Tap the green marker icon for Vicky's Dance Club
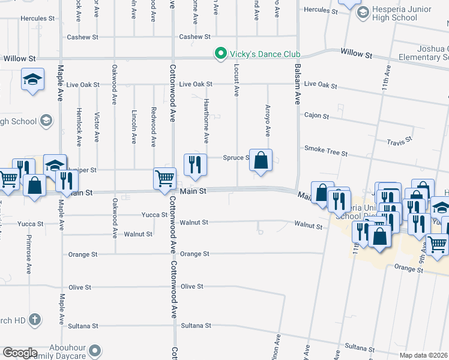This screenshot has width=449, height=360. coord(220,53)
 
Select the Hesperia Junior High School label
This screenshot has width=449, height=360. coord(395,13)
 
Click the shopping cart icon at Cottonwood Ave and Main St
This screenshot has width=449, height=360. coord(164,179)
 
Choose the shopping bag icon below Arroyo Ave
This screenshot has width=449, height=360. coord(261,161)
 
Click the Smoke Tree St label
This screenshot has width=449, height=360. coord(326,150)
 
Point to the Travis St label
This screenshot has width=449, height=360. coord(400,142)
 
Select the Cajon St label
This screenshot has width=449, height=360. coord(317,115)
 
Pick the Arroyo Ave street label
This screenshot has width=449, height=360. coord(268,120)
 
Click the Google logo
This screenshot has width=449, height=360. coord(20,353)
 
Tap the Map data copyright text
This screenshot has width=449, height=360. coord(424,355)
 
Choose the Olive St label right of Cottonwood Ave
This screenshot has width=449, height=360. coord(192,287)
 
